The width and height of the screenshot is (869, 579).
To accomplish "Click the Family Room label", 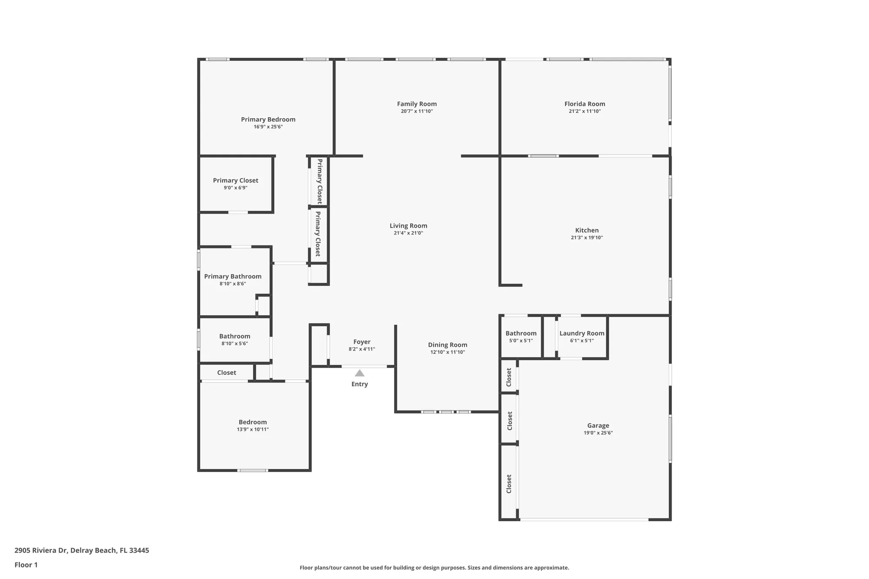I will click(x=417, y=104).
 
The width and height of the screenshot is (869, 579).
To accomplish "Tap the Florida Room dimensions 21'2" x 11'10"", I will click(x=584, y=111).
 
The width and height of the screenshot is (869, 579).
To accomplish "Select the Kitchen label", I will click(x=587, y=230).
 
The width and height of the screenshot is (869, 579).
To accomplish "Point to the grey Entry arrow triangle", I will click(x=359, y=373).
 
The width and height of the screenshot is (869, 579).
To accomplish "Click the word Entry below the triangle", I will click(x=359, y=384).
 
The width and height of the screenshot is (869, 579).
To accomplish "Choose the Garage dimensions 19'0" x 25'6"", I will click(x=598, y=433).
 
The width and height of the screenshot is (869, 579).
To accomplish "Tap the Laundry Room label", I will click(x=582, y=333).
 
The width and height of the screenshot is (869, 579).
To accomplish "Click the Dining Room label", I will click(x=448, y=345).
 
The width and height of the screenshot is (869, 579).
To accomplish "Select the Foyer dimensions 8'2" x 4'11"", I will click(x=362, y=349).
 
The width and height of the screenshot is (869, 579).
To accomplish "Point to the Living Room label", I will click(x=408, y=225).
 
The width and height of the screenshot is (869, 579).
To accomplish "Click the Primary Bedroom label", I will click(x=268, y=119).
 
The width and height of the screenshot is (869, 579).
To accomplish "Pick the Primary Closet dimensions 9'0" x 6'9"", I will click(x=235, y=188).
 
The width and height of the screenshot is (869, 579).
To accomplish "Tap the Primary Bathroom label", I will click(x=233, y=276).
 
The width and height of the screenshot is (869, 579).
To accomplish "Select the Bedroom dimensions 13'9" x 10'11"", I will click(x=252, y=429).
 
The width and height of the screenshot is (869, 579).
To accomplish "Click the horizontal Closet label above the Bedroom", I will click(x=226, y=373).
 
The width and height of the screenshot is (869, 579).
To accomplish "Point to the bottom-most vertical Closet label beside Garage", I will click(x=509, y=483).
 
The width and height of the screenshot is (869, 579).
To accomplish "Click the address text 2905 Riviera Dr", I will click(x=41, y=550).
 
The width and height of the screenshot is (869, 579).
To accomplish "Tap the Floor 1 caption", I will click(x=26, y=565).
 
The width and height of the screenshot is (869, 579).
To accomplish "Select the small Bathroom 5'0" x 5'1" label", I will click(x=521, y=333).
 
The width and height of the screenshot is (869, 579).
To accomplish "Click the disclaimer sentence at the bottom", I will click(x=434, y=568).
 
